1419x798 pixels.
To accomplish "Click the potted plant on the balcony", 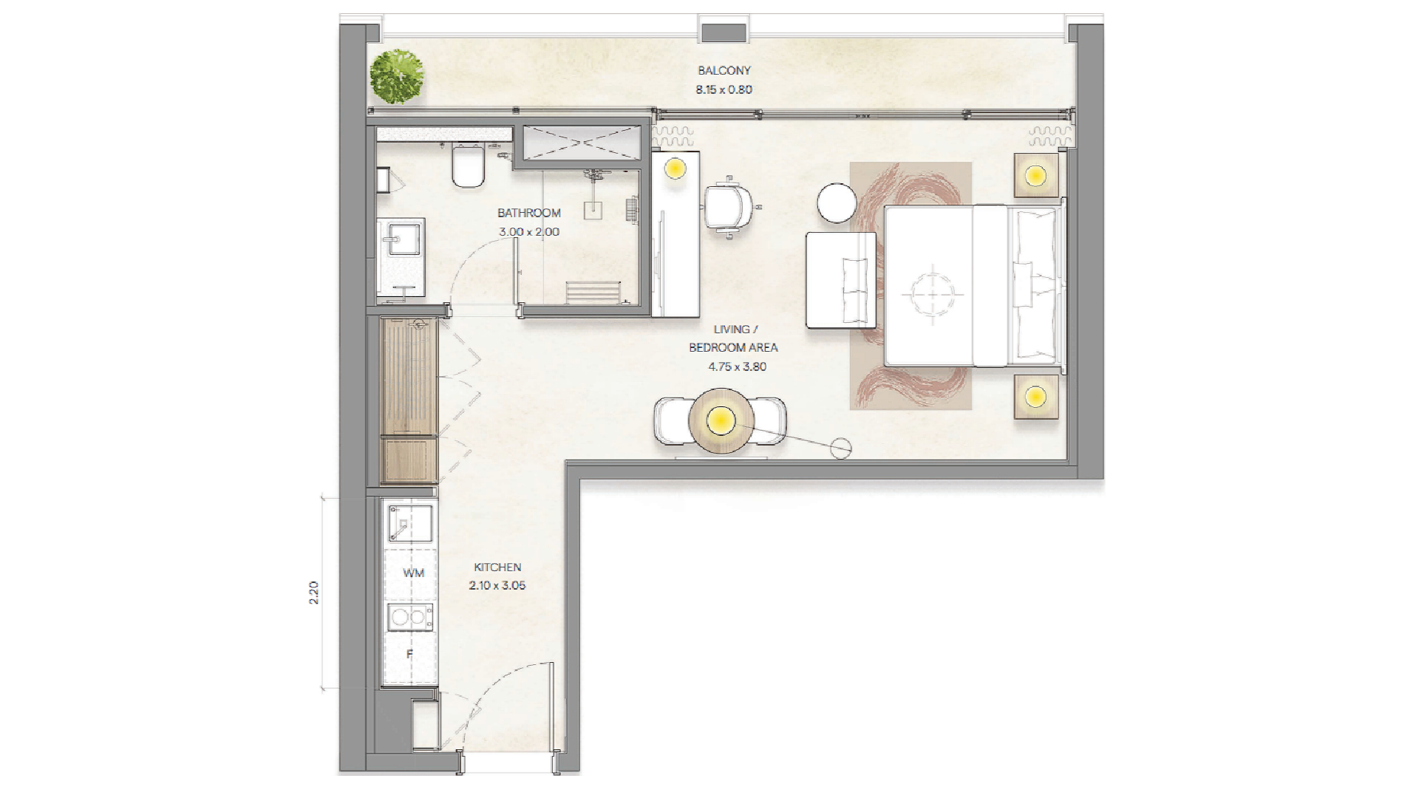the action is coord(397,77).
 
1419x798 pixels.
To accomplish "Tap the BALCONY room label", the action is coord(724,71).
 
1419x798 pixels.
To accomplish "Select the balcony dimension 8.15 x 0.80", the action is coord(724,89).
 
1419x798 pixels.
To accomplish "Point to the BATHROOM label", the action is coord(529,213).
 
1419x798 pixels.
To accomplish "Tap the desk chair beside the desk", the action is coord(729,207).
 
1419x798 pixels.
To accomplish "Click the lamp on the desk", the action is coord(675,168).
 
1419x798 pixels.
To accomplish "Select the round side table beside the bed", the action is coord(837,202).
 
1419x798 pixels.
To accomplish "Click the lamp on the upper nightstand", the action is coord(1035,176).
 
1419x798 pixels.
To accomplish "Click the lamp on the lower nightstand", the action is coord(1035,397).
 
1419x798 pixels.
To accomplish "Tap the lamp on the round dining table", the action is coord(720,421).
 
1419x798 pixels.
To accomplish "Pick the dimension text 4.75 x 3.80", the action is coord(738,366).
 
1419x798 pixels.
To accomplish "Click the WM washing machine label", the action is coord(414,573).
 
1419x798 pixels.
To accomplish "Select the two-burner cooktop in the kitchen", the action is coord(410,617).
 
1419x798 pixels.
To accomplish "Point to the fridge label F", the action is coord(409,654).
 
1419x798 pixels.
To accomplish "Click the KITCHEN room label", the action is coord(497,567).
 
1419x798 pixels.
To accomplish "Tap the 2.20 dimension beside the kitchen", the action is coord(314,593).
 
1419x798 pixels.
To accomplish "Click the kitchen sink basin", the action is coord(410,523).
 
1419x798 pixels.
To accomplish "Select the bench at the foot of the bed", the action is coord(841,280).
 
